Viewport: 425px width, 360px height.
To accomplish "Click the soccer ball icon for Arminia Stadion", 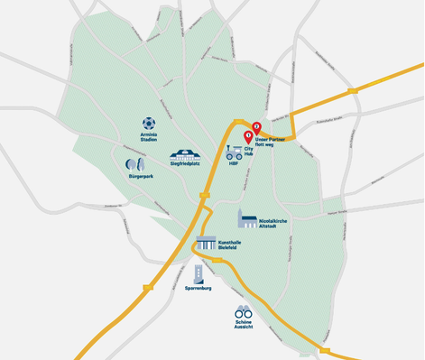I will [x=149, y=123].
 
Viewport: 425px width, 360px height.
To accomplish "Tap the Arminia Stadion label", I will [x=149, y=137].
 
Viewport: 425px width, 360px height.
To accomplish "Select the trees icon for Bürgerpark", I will [x=134, y=164].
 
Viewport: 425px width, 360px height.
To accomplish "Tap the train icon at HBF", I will [x=233, y=154].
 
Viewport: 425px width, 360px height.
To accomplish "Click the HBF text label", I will [x=233, y=166].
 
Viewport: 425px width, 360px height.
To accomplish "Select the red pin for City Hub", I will [x=248, y=138].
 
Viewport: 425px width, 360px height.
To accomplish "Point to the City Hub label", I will [x=252, y=151].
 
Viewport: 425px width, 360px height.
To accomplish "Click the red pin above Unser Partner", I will [x=256, y=127].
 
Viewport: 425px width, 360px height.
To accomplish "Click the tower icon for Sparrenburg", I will [x=198, y=275].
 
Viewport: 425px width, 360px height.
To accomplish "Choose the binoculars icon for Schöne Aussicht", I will [x=244, y=311].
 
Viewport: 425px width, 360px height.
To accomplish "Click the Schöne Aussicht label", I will [x=244, y=325].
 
